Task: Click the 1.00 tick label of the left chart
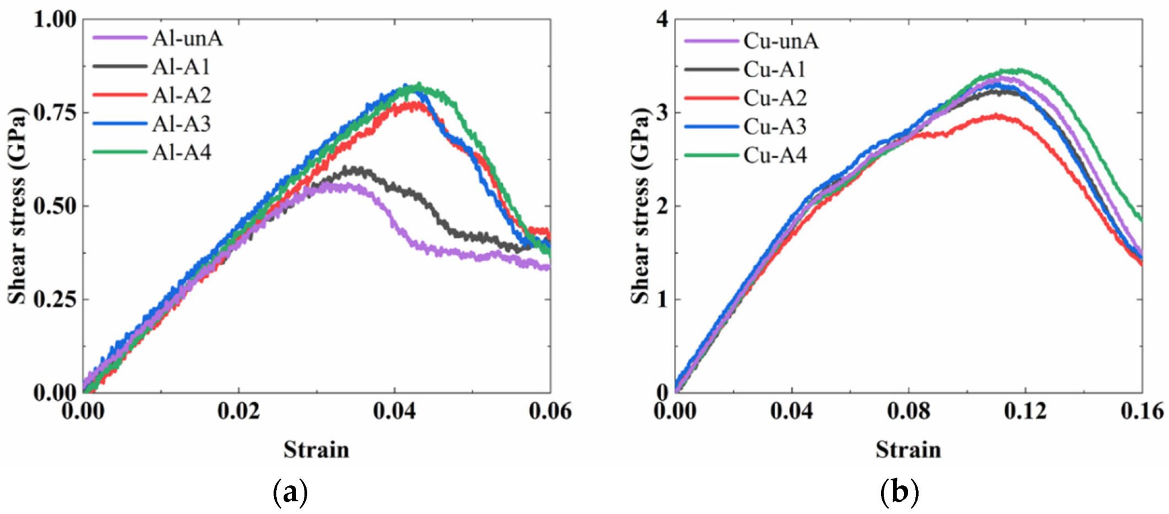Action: (55, 20)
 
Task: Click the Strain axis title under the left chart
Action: (316, 449)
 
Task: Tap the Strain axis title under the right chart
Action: (908, 449)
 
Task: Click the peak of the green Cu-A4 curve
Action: (1017, 70)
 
